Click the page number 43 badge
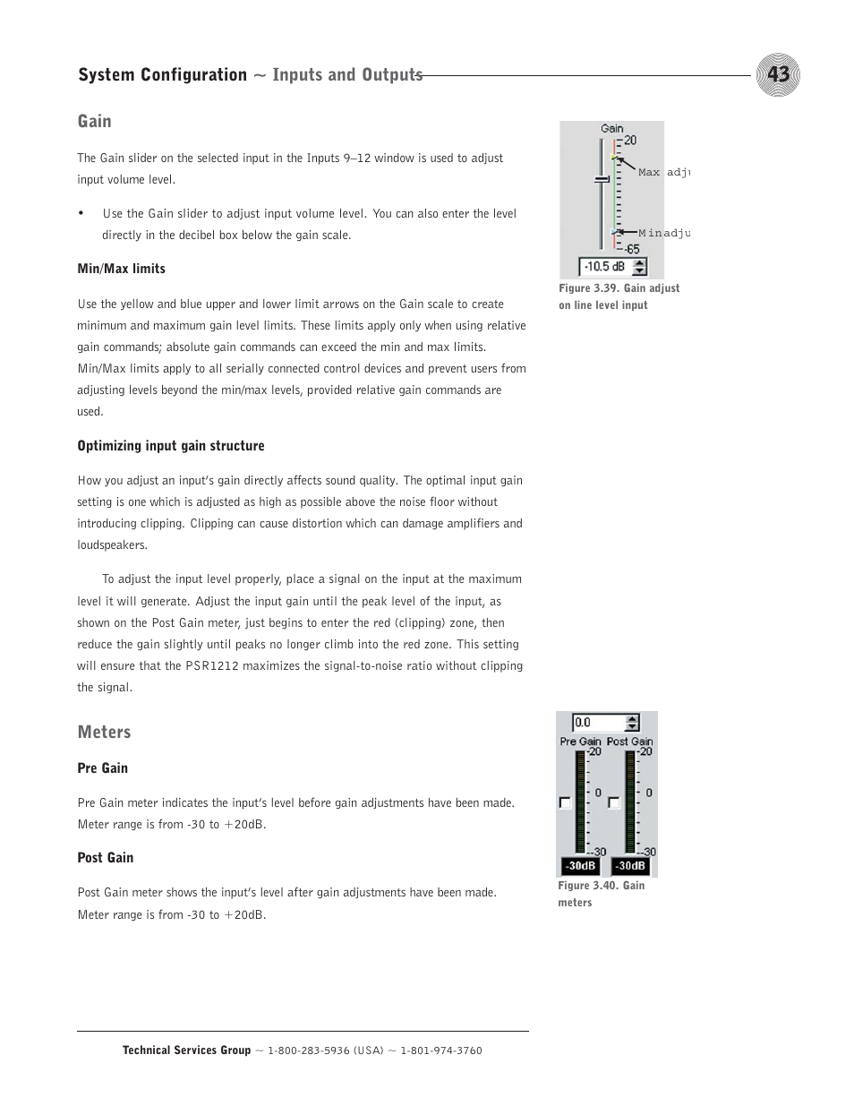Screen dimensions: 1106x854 point(777,74)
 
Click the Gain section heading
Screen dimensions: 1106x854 point(94,121)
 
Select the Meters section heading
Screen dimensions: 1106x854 point(104,732)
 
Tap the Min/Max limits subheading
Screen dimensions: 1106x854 point(121,269)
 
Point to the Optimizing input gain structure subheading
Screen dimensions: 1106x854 point(170,445)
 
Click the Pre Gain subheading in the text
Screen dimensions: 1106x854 point(102,767)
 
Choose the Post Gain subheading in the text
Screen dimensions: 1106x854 point(105,857)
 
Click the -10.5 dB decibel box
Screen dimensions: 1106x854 point(605,266)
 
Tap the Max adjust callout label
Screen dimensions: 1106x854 point(663,172)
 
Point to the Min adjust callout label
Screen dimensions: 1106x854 point(663,233)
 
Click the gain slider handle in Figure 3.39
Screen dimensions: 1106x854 point(602,180)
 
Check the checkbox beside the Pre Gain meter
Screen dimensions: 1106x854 point(565,802)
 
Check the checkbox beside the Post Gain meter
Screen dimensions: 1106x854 point(613,802)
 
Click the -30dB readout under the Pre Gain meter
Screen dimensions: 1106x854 point(581,866)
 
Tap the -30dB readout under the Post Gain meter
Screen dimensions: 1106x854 point(630,866)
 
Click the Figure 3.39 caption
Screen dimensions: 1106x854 point(619,296)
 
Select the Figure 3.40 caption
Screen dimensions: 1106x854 point(601,894)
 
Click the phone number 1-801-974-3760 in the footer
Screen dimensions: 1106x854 point(441,1050)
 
